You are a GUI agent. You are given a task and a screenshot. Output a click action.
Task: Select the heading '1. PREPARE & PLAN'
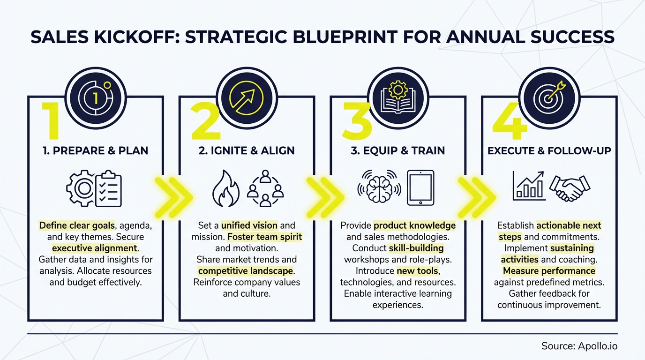tap(95, 150)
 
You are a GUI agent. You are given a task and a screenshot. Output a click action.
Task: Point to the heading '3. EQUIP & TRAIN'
tap(397, 150)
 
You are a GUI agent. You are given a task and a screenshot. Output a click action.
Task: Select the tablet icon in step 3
tap(420, 188)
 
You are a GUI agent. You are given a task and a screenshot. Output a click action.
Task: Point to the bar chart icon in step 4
tap(529, 186)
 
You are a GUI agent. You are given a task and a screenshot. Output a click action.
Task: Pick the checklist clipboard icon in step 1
tap(108, 189)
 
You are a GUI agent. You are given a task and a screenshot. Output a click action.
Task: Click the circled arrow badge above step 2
tap(247, 97)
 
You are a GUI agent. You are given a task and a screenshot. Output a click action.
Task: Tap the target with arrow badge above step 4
tap(549, 97)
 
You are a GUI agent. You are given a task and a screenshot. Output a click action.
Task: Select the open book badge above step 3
tap(397, 97)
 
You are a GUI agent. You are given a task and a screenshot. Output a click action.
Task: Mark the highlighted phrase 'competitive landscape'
tap(246, 271)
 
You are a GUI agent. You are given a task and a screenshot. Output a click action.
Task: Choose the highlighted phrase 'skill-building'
tap(416, 248)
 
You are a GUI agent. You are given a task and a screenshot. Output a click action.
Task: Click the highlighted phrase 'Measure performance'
tap(549, 271)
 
